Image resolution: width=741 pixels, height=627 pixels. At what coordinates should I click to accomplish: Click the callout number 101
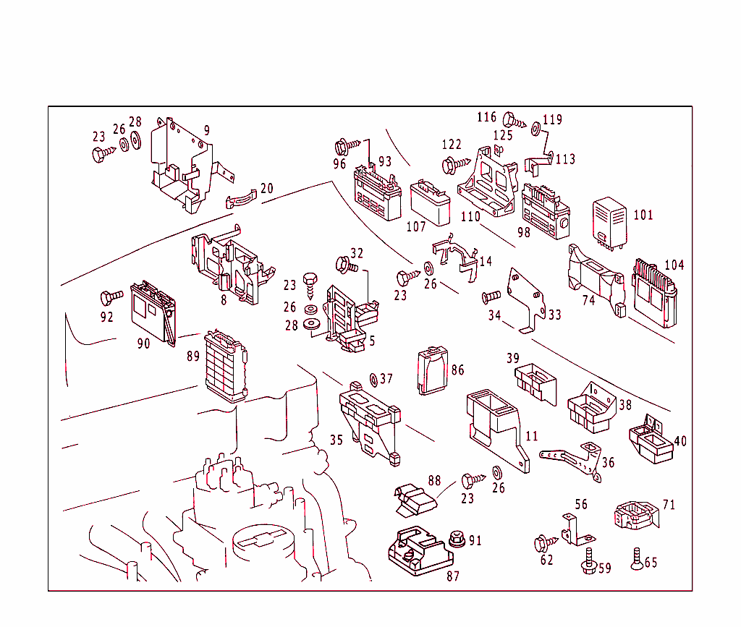click(x=643, y=216)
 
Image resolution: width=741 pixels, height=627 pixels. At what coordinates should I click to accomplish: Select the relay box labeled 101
click(x=609, y=223)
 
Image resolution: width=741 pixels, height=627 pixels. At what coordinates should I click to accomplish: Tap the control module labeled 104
click(x=655, y=294)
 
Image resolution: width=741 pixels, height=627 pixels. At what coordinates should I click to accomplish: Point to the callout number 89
click(x=193, y=356)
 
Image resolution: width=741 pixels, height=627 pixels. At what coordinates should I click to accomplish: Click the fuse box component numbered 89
click(x=226, y=367)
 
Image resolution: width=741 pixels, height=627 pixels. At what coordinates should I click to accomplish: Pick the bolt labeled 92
click(x=111, y=297)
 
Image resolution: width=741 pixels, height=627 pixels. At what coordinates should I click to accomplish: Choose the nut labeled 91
click(x=457, y=538)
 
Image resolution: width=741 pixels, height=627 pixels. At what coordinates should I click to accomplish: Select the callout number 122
click(x=452, y=145)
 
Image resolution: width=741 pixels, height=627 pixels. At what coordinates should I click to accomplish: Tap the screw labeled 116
click(x=515, y=121)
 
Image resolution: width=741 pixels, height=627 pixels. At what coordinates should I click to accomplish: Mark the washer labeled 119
click(x=536, y=129)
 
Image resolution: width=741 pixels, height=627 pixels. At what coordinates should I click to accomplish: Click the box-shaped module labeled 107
click(x=430, y=203)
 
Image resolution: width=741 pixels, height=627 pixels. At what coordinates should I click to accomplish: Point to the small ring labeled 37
click(x=373, y=380)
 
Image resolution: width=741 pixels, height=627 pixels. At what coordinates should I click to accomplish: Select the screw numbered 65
click(x=637, y=558)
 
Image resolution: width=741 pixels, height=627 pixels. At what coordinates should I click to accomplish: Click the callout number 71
click(x=669, y=506)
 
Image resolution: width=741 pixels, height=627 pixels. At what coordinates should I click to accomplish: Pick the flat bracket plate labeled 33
click(x=527, y=301)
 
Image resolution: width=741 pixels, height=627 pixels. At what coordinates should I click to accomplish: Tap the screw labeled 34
click(x=491, y=297)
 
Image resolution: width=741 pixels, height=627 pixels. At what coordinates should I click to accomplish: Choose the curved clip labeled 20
click(x=241, y=200)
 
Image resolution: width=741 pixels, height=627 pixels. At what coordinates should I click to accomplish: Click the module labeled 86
click(x=433, y=370)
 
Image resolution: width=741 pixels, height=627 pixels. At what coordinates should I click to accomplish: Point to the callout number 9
click(x=206, y=130)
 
